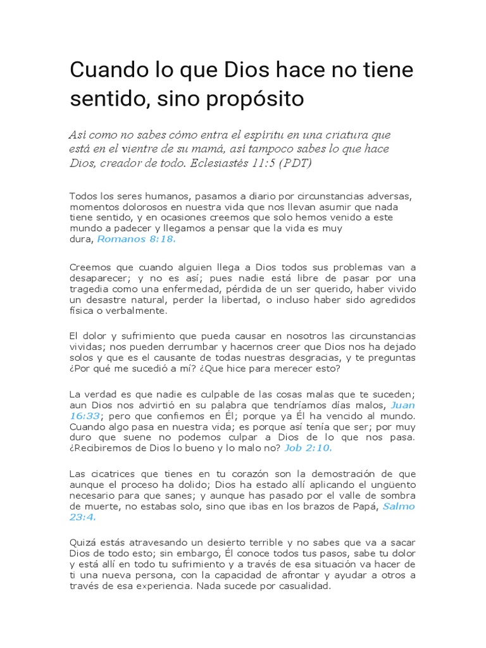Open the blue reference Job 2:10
point(308,448)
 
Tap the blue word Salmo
point(399,506)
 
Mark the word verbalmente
point(131,311)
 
